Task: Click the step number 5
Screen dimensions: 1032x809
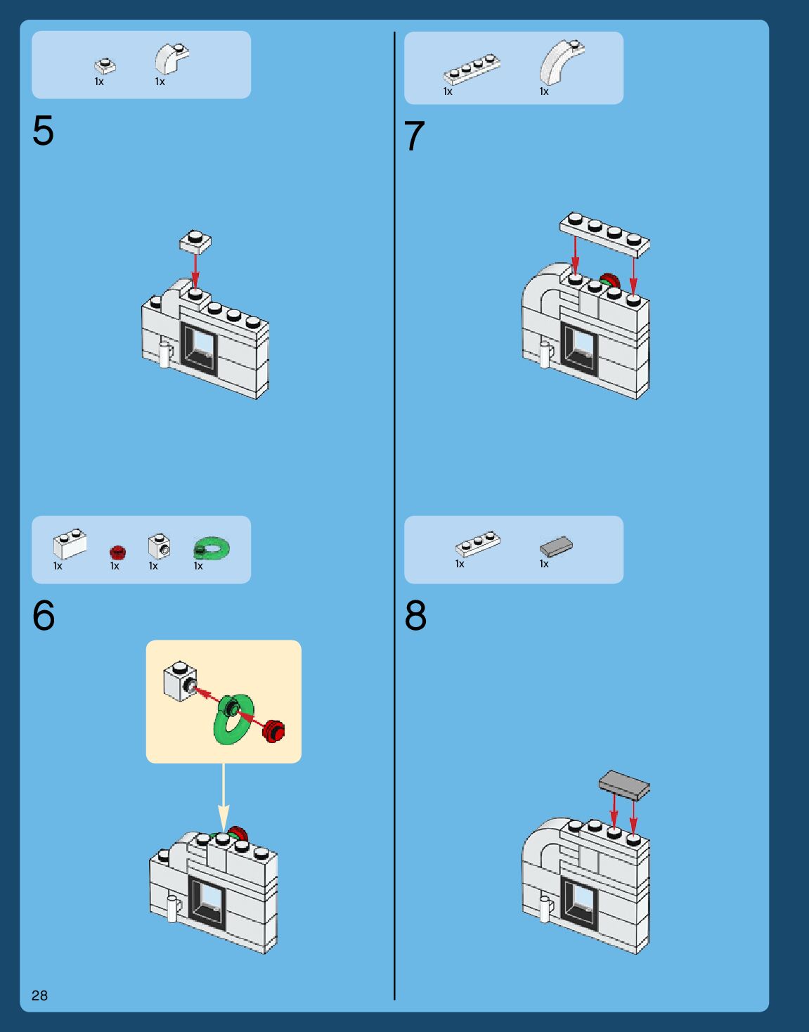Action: (43, 131)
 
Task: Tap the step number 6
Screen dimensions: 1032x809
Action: (44, 616)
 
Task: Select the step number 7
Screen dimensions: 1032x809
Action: (414, 136)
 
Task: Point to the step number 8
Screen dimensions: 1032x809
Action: (415, 616)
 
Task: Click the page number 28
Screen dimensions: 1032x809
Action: (39, 995)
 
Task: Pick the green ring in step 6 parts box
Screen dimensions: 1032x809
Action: (212, 548)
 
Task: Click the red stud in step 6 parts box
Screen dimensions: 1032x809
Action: (117, 552)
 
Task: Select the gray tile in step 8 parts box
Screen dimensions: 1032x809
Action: (556, 546)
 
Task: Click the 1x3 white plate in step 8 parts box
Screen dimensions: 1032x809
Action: (478, 543)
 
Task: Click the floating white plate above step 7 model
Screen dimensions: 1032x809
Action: (604, 233)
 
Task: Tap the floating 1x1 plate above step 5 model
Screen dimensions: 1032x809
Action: (195, 241)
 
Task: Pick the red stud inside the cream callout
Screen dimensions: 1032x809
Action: (273, 730)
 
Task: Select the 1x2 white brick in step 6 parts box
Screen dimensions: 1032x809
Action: (70, 543)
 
